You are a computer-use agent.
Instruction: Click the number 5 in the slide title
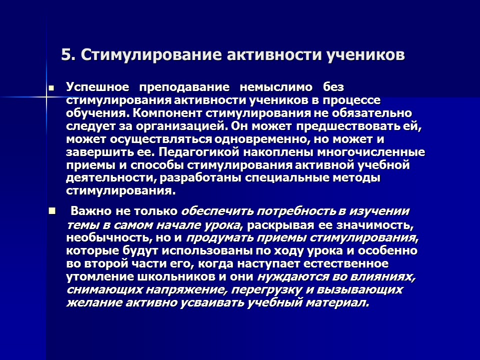pos(66,54)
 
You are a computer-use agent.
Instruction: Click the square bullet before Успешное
pos(50,87)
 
